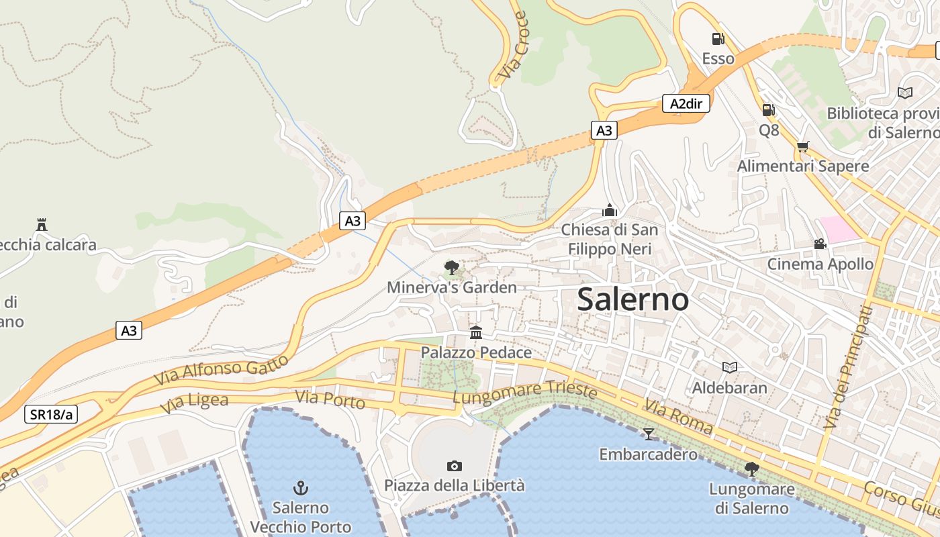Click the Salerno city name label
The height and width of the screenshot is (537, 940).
[632, 299]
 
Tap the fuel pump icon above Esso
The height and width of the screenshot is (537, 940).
[718, 39]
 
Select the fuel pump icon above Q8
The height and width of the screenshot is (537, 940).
[769, 109]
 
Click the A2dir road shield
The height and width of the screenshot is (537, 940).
[686, 103]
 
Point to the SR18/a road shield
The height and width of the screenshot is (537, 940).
[51, 414]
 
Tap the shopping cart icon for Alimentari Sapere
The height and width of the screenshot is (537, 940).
[802, 146]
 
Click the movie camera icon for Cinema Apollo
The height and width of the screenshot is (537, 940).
[820, 244]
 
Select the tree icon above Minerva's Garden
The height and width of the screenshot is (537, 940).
[452, 268]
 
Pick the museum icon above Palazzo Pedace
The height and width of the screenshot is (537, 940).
[476, 332]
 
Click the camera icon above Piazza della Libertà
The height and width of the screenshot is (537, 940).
[455, 466]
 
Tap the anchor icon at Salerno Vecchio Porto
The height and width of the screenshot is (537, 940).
[301, 487]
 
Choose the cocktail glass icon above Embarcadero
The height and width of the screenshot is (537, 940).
[648, 434]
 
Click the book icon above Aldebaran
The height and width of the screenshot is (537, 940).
[729, 367]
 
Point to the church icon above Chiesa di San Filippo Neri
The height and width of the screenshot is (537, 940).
[610, 210]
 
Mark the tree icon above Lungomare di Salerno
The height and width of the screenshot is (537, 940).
[752, 469]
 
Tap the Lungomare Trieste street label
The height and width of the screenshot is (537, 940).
[524, 392]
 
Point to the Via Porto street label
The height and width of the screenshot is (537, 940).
[330, 399]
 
